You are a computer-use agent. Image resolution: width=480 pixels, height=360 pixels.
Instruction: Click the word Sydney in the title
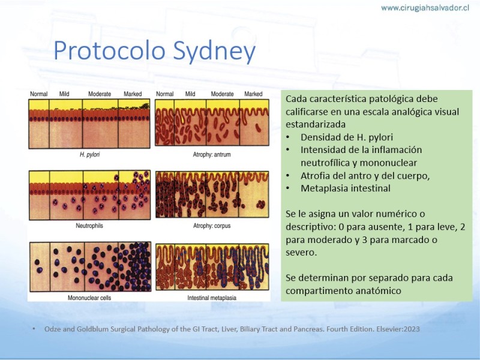tap(214, 50)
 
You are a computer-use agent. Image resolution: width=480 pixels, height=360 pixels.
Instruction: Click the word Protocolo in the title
tap(109, 50)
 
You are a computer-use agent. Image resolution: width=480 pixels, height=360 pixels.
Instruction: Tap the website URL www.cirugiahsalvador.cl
tap(425, 8)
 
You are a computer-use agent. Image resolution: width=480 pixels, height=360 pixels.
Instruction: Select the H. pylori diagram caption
tap(89, 155)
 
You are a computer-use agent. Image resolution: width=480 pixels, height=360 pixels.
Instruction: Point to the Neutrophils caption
tap(89, 226)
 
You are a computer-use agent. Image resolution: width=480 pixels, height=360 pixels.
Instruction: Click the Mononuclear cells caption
tap(89, 298)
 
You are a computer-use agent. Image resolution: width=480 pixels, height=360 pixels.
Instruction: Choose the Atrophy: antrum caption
tap(212, 155)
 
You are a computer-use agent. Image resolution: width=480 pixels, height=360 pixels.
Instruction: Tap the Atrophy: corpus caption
tap(212, 226)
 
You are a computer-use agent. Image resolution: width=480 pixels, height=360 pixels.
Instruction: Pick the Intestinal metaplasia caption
tap(212, 298)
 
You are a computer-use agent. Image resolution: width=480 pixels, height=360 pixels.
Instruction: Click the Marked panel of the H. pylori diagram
tap(134, 124)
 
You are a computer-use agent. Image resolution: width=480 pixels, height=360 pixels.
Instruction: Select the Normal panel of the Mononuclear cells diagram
tap(40, 266)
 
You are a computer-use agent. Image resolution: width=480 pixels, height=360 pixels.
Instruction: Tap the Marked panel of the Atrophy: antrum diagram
tap(254, 122)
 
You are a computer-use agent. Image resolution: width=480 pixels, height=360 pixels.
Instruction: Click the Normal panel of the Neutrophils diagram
tap(40, 195)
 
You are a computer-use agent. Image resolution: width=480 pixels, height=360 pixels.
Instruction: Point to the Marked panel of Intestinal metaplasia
tap(253, 266)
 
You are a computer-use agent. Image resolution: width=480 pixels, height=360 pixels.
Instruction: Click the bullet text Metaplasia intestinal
tap(346, 188)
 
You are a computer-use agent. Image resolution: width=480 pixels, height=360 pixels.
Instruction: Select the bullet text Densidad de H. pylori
tap(347, 137)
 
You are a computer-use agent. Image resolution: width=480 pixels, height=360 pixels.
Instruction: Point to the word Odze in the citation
tap(52, 329)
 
